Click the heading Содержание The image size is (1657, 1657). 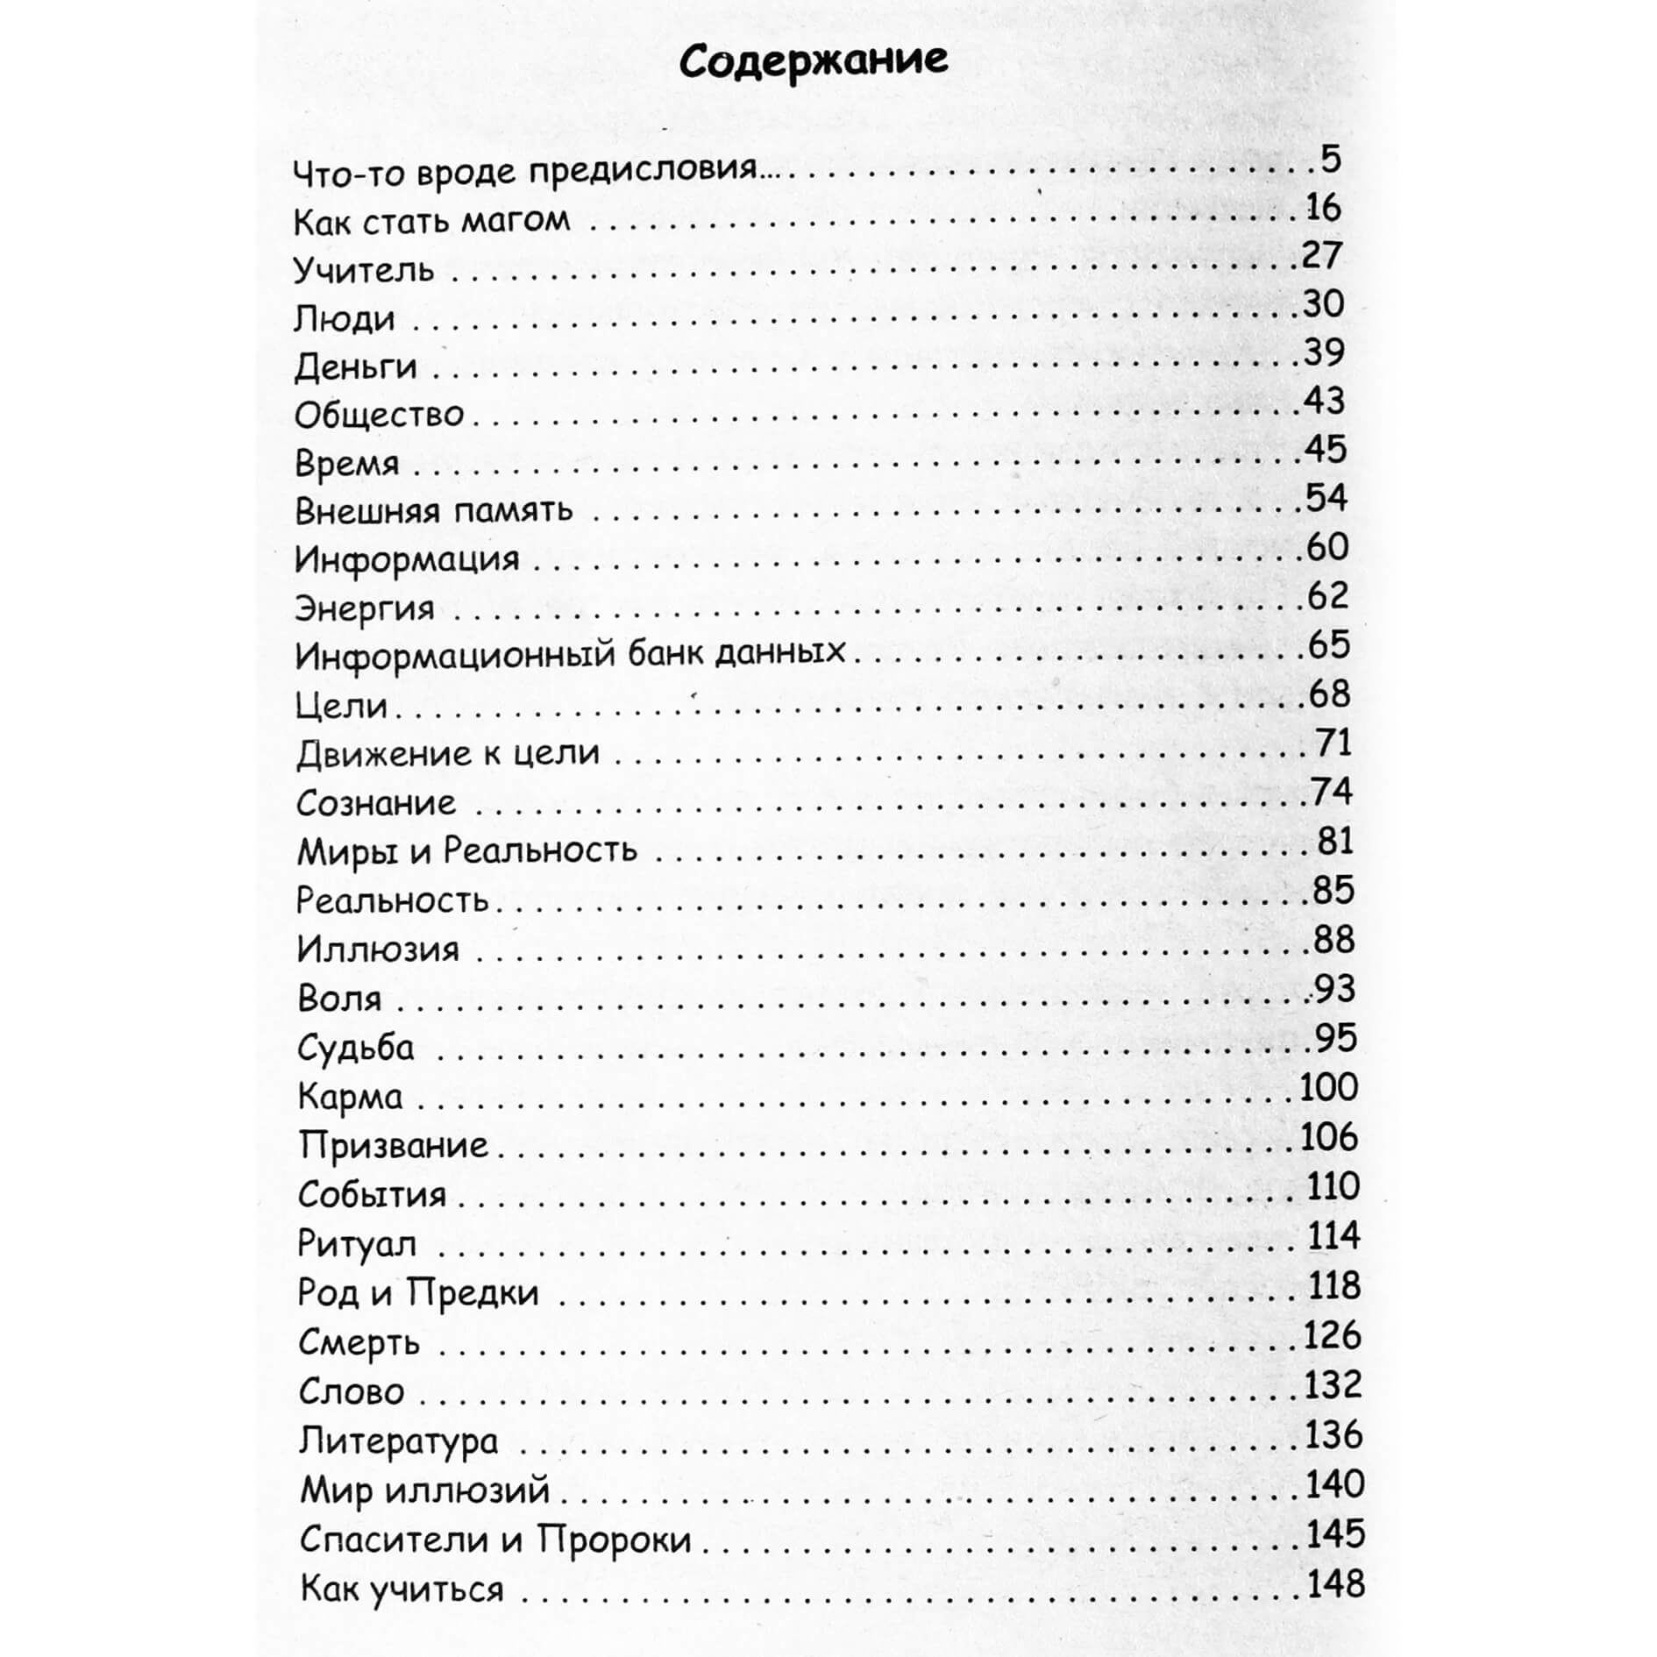pos(813,61)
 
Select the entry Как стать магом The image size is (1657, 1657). pos(431,220)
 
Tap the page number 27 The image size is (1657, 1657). pos(1321,255)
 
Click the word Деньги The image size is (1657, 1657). pos(355,366)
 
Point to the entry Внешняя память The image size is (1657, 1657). pos(433,510)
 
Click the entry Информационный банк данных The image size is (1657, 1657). pos(570,654)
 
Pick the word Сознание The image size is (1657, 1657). pos(376,802)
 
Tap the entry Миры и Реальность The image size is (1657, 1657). pos(466,850)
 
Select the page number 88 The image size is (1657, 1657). pos(1333,940)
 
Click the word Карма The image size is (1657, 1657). pos(350,1096)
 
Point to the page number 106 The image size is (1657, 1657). pos(1328,1137)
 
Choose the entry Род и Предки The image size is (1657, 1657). pos(417,1293)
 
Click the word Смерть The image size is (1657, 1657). pos(359,1342)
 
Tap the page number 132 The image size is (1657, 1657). pos(1332,1385)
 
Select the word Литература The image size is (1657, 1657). pos(398,1441)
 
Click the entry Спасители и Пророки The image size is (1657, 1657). pos(495,1540)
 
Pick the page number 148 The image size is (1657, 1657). pos(1335,1584)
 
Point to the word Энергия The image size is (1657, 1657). pos(364,608)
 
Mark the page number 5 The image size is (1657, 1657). pos(1330,160)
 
